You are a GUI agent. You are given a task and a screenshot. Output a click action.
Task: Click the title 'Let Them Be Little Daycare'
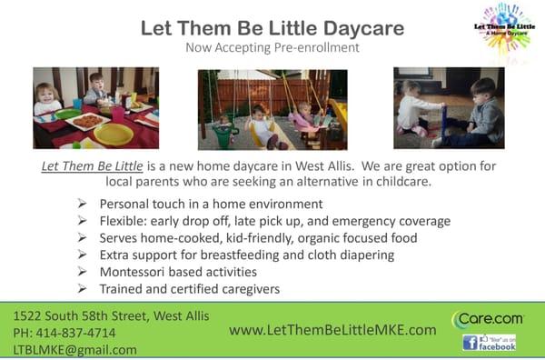[x=272, y=27]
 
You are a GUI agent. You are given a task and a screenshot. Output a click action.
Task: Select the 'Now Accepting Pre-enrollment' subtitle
[x=272, y=47]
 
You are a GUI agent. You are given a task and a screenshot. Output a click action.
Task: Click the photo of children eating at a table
[x=95, y=107]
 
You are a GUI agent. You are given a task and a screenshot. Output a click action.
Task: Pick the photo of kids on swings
[x=272, y=109]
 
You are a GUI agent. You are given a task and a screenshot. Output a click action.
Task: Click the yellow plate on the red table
[x=114, y=134]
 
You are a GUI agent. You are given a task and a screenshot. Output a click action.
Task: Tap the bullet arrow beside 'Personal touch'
[x=83, y=204]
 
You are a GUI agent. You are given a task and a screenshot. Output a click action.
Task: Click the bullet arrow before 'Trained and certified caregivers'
[x=83, y=289]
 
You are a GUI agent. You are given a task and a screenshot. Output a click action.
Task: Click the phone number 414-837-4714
[x=76, y=333]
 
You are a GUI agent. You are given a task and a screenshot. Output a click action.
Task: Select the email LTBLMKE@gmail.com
[x=75, y=349]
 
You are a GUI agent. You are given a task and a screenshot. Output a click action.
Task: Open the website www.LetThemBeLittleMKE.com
[x=332, y=330]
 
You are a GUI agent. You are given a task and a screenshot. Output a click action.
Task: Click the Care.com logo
[x=487, y=320]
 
